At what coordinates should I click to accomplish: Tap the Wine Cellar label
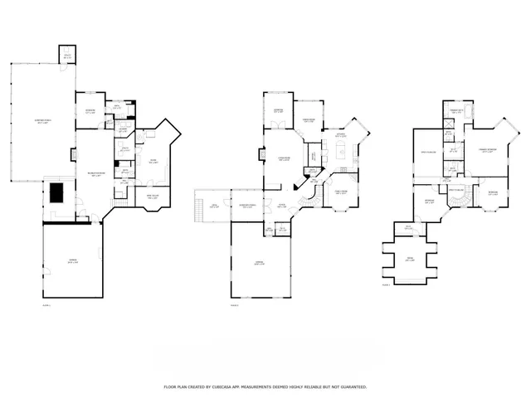[153, 198]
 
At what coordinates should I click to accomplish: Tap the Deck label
[214, 206]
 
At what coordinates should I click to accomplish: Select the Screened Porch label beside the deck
[246, 206]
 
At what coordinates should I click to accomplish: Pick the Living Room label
[284, 159]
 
